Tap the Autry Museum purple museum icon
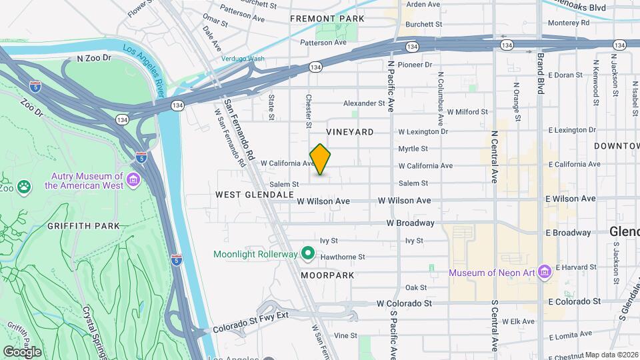tap(133, 180)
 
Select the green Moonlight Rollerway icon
tap(307, 253)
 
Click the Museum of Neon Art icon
tap(545, 271)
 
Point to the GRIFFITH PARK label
tap(83, 226)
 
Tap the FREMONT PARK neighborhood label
tap(327, 19)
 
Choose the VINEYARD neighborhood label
tap(350, 132)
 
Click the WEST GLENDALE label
tap(254, 194)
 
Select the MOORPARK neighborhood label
tap(326, 275)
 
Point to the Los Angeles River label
tap(148, 64)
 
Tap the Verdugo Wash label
tap(243, 59)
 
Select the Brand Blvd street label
tap(541, 73)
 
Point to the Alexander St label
tap(364, 103)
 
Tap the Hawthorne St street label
tap(343, 256)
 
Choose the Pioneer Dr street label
tap(415, 65)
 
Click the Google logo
tap(22, 351)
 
